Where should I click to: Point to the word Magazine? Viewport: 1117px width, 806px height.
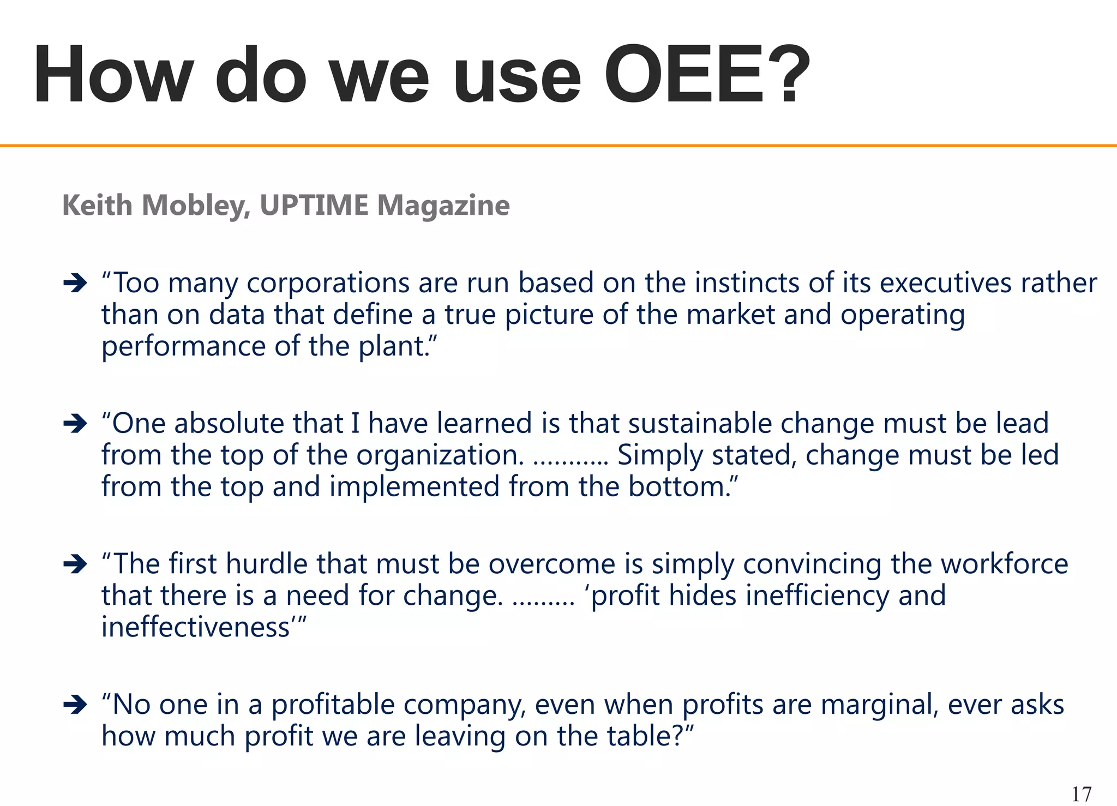443,206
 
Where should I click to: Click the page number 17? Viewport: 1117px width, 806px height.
1082,794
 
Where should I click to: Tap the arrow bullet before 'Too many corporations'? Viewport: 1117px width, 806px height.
75,283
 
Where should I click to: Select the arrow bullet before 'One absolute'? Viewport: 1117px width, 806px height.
75,423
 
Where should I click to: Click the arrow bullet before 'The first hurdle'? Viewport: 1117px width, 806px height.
75,564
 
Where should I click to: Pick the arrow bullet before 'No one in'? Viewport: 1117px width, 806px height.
75,705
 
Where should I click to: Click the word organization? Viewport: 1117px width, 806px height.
440,456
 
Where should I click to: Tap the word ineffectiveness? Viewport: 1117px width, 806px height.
196,627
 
